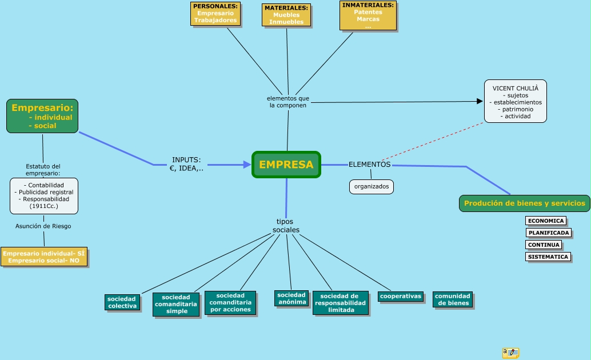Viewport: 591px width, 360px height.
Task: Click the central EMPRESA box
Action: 286,165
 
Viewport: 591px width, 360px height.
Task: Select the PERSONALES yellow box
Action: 215,14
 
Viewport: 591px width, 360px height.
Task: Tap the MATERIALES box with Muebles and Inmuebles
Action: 286,15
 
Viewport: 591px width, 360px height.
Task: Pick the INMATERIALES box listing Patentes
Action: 368,15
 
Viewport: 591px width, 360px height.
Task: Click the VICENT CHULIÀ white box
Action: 515,101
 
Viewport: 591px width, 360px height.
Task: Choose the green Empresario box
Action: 42,116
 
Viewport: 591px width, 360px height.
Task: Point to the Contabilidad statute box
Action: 44,195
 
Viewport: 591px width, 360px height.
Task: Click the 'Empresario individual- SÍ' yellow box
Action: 44,257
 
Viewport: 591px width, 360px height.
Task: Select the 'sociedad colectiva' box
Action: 122,302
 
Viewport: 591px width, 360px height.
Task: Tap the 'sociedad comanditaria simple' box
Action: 176,304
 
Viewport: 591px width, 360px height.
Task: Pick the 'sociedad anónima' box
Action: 291,298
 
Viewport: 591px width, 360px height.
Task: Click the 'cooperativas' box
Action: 401,296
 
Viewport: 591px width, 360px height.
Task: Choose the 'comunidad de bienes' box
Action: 453,299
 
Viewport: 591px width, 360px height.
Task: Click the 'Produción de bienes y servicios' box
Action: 524,203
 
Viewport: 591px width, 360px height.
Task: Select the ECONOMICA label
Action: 545,221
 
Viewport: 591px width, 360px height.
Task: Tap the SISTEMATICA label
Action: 548,257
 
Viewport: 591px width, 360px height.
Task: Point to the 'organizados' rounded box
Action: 371,186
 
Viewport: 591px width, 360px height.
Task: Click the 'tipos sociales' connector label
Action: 286,226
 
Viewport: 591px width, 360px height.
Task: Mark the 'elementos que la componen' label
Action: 288,102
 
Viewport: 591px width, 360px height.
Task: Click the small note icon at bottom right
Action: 510,353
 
